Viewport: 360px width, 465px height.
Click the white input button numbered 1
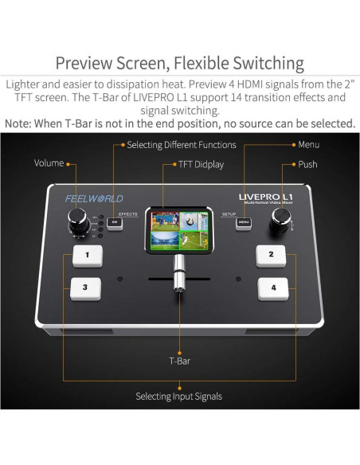coord(87,256)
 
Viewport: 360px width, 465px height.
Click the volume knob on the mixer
coord(79,218)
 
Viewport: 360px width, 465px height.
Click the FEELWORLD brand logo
coord(94,198)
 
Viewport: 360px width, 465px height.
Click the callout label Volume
coord(49,163)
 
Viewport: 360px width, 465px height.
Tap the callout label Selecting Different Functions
coord(181,145)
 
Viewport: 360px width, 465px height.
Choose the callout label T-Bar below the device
coord(179,360)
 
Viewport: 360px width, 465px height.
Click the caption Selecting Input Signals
coord(178,396)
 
